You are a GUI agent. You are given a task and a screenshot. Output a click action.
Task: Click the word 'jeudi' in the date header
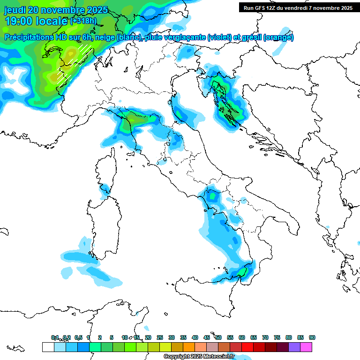15,10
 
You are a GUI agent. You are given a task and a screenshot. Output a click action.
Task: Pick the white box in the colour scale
47,347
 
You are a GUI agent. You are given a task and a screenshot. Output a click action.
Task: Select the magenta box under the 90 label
306,347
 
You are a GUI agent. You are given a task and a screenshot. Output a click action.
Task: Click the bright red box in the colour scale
247,347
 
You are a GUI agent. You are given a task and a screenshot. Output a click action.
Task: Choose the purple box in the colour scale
294,347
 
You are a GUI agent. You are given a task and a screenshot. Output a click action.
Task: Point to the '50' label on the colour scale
218,337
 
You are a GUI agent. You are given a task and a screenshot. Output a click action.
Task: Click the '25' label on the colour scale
160,337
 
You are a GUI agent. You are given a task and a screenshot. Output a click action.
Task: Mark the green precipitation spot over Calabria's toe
242,271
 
